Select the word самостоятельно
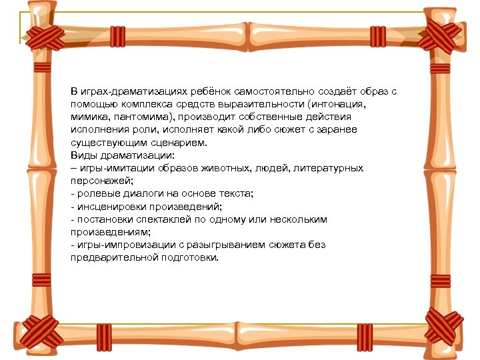tap(270, 92)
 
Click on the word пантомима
tap(137, 117)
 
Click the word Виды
tap(83, 155)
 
